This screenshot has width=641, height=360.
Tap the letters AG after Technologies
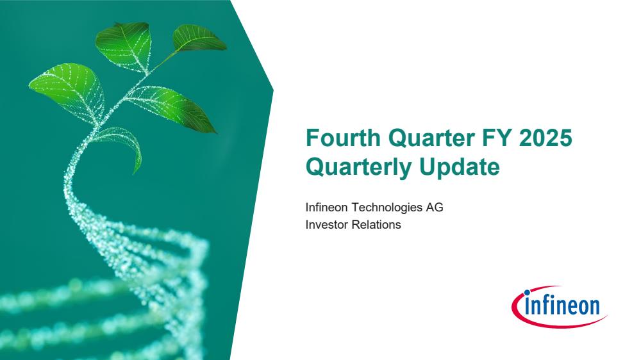tap(435, 207)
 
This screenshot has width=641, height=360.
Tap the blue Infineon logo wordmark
tap(562, 306)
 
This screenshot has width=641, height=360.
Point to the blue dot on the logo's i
tap(527, 293)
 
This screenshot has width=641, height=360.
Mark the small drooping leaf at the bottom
tap(122, 145)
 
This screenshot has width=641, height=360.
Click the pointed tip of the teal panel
tap(273, 90)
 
